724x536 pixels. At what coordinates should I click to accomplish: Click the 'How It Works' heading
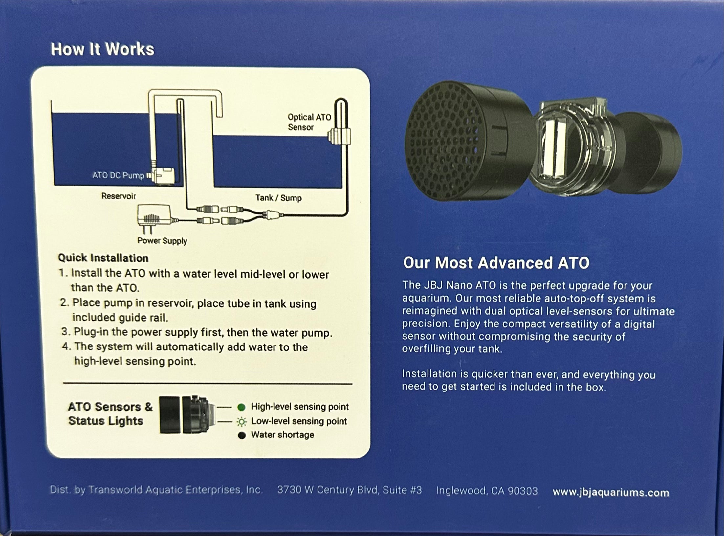pos(102,49)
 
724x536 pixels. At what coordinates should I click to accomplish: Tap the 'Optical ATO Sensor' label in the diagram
pos(309,122)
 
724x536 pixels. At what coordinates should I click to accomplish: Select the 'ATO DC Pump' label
pos(118,175)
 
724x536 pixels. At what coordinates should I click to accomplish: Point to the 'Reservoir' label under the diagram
pos(119,196)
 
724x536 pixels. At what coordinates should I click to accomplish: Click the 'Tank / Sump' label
pos(278,198)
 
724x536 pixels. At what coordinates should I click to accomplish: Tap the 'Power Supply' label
pos(162,241)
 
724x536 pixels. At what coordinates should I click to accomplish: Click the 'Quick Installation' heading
pos(103,258)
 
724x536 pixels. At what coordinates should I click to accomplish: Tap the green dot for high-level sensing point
pos(241,407)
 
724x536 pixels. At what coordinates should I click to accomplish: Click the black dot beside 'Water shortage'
pos(242,435)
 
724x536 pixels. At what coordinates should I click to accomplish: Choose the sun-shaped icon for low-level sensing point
pos(242,421)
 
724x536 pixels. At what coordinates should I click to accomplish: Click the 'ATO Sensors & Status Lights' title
pos(110,414)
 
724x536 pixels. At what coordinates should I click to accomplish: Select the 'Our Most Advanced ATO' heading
pos(496,263)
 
